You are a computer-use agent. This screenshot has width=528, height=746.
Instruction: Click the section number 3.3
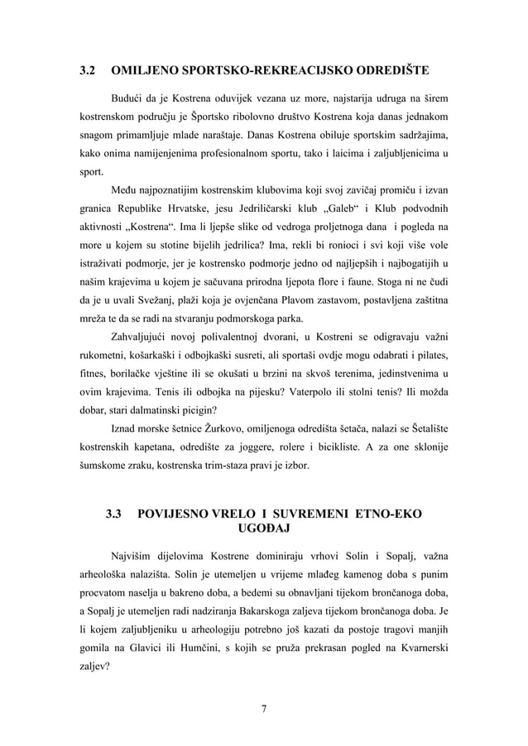[x=113, y=514]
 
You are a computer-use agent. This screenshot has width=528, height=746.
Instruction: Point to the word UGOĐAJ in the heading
[x=263, y=529]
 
